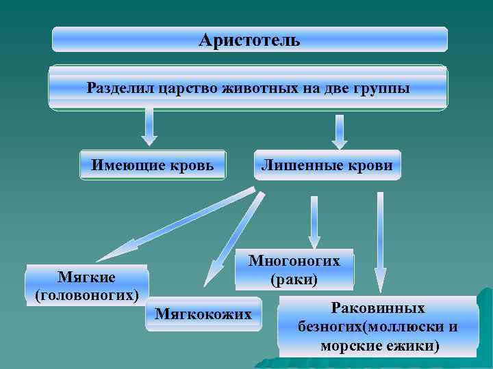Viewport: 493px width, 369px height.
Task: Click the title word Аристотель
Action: click(x=249, y=40)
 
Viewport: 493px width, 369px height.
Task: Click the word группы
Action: click(x=382, y=87)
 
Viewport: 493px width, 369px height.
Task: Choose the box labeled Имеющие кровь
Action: click(x=153, y=165)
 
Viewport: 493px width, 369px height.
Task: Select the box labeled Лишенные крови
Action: click(x=327, y=165)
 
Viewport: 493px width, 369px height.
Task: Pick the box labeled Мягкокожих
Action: click(x=203, y=314)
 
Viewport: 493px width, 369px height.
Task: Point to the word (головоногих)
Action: click(x=86, y=295)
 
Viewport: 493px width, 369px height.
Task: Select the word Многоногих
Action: click(x=294, y=260)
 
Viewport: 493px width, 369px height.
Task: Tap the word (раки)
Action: click(x=294, y=279)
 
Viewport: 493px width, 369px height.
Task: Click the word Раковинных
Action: click(x=378, y=308)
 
